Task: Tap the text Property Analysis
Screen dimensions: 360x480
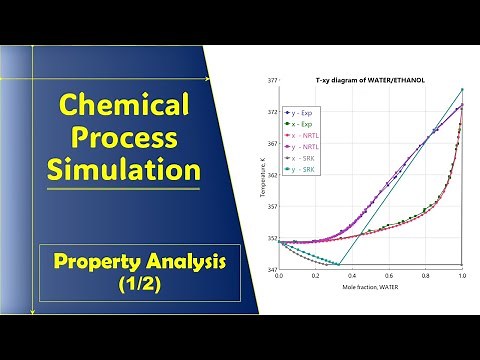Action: [x=140, y=262]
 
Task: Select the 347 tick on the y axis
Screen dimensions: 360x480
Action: [x=271, y=270]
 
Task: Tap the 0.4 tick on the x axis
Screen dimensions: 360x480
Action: [x=352, y=276]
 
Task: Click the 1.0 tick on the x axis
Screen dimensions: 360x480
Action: [x=462, y=276]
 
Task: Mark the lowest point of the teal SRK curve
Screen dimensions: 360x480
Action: [x=341, y=263]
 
